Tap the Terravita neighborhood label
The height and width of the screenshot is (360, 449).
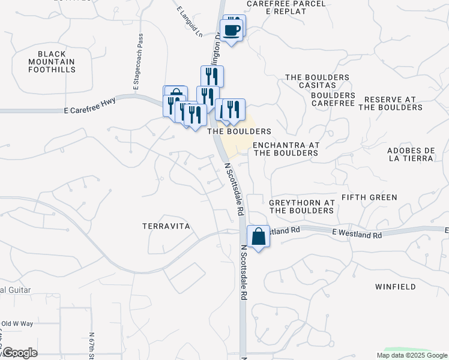point(166,226)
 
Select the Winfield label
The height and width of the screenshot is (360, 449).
point(395,287)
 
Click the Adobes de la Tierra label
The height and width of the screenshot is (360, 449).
point(411,154)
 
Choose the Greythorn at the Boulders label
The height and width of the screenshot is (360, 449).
point(301,207)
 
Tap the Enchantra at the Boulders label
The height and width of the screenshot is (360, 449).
point(285,149)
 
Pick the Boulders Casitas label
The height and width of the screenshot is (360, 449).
point(317,82)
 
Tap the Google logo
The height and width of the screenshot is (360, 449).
point(19,353)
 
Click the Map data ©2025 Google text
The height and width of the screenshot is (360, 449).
point(411,355)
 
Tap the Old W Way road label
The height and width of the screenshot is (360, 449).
point(16,324)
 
